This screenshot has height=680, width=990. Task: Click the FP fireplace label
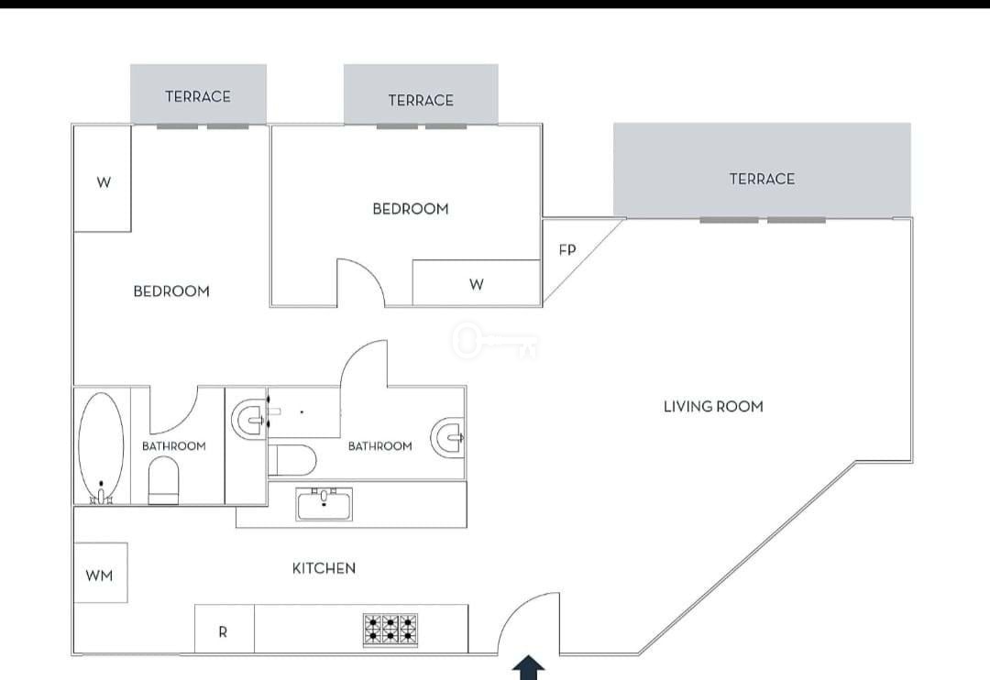[x=567, y=250]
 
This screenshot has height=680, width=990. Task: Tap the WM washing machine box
[x=101, y=573]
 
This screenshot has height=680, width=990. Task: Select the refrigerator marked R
[x=225, y=629]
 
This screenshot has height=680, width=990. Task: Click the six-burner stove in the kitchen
[x=390, y=630]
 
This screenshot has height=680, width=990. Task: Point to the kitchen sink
[x=324, y=504]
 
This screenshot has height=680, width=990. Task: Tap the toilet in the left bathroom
[x=163, y=480]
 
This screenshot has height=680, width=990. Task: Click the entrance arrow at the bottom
[x=529, y=667]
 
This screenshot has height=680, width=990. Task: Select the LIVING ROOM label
[x=713, y=407]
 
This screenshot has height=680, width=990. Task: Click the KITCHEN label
[x=324, y=568]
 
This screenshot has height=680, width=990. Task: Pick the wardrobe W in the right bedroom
[x=476, y=283]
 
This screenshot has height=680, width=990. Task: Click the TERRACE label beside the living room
[x=762, y=179]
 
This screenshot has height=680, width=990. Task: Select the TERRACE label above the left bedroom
[x=198, y=96]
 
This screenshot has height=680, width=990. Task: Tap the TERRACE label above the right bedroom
[x=421, y=101]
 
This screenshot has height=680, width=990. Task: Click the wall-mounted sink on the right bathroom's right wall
[x=448, y=437]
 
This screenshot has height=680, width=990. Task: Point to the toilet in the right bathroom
[x=291, y=460]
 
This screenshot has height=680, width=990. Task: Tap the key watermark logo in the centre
[x=495, y=342]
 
